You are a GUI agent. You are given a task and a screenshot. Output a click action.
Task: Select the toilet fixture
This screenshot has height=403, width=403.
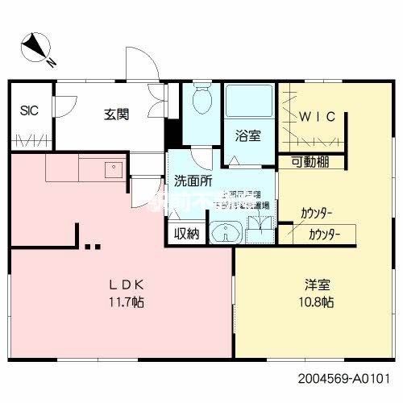pyautogui.click(x=201, y=103)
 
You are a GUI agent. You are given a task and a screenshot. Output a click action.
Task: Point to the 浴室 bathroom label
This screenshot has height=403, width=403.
pyautogui.click(x=248, y=135)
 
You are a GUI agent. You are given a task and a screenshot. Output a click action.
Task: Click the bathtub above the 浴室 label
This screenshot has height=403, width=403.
pyautogui.click(x=248, y=103)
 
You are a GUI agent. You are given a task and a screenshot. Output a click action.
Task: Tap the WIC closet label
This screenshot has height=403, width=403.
pyautogui.click(x=318, y=117)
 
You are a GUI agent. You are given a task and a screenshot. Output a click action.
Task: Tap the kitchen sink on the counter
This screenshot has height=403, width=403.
pyautogui.click(x=111, y=169)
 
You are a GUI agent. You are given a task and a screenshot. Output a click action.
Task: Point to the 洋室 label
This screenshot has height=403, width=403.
pyautogui.click(x=317, y=286)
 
